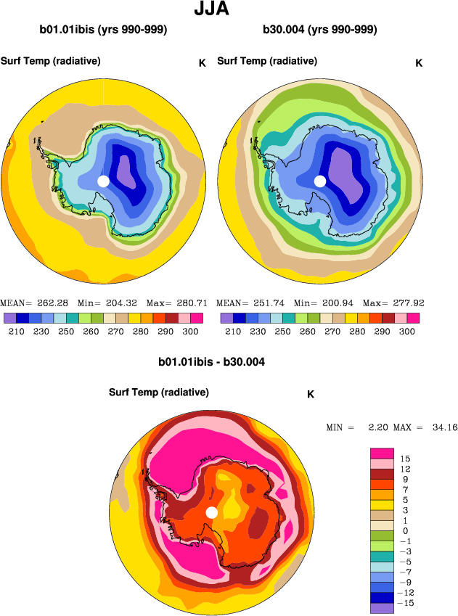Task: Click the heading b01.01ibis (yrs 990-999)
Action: click(104, 30)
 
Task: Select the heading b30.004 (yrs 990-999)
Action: click(320, 30)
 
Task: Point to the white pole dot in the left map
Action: click(103, 181)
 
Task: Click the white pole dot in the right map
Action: click(319, 181)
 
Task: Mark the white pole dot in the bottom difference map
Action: click(211, 512)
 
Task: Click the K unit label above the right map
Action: click(419, 63)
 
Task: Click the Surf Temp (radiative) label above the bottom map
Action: click(159, 393)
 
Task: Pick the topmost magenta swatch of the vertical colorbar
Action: click(382, 453)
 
